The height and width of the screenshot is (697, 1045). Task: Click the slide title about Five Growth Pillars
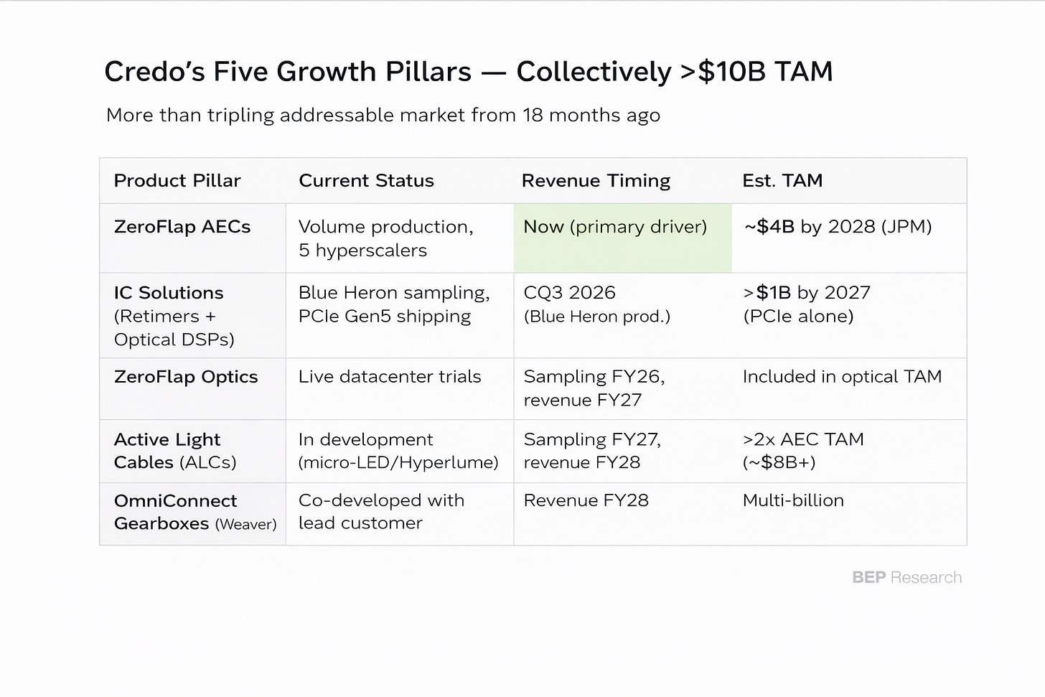click(469, 71)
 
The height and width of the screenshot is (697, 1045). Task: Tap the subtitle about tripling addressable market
click(383, 116)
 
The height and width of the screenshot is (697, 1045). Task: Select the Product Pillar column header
click(177, 181)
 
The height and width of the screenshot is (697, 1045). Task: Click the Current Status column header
click(366, 181)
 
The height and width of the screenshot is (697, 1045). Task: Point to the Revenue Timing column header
click(596, 181)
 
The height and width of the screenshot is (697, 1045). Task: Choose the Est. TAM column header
click(782, 181)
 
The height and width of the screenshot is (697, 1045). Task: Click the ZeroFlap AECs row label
click(182, 227)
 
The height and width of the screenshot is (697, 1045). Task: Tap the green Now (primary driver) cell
click(622, 238)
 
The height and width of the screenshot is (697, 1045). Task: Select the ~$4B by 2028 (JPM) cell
click(838, 227)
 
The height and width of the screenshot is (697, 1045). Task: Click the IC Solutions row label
click(174, 316)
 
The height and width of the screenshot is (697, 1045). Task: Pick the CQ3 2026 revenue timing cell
click(596, 304)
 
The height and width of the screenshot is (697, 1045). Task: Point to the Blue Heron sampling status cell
click(394, 304)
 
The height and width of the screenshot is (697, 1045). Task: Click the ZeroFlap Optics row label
click(186, 377)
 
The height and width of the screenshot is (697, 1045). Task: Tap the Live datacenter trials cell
click(390, 376)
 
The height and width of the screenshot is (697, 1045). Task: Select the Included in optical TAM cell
click(842, 376)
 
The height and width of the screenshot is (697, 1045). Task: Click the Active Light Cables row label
click(175, 451)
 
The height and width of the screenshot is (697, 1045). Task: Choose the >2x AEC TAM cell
click(803, 451)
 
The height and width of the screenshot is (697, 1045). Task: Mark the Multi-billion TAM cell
click(793, 500)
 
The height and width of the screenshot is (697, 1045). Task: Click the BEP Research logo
click(907, 578)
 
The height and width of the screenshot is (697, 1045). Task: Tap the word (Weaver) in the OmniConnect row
click(246, 525)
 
